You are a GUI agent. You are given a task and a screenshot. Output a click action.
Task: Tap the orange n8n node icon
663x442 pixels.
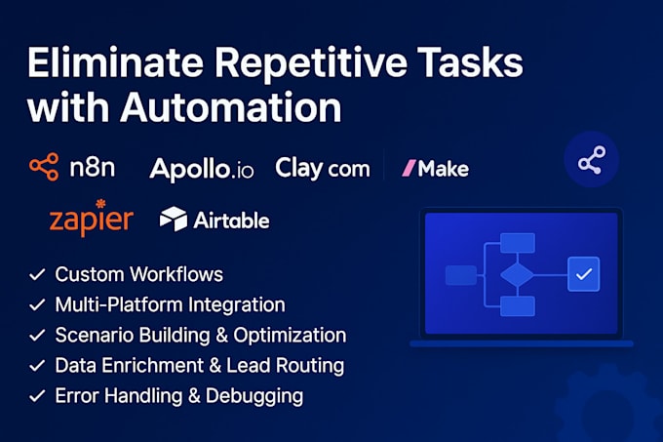pos(44,167)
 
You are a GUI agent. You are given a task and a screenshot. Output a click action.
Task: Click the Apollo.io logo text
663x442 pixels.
pos(202,169)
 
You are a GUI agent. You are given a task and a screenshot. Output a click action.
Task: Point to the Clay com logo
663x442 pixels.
pos(323,169)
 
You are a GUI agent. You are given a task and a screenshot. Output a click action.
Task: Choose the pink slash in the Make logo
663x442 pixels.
pos(409,168)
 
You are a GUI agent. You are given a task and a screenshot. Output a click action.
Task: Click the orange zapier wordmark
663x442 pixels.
pos(92,221)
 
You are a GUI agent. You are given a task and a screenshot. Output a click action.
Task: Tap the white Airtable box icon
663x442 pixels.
pos(174,219)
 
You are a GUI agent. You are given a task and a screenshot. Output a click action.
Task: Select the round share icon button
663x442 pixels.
pos(592,159)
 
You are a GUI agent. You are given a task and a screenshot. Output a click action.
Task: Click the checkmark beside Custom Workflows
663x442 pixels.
pos(37,274)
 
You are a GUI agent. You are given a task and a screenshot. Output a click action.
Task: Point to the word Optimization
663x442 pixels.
pos(290,335)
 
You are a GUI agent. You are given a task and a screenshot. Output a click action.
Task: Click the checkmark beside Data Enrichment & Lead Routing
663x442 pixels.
pos(37,366)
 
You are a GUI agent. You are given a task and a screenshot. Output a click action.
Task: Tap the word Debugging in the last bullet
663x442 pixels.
pos(254,396)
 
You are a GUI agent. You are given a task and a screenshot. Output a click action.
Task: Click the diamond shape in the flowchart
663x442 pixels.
pos(517,275)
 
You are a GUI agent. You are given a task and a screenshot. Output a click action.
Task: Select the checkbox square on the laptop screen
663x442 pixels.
pos(583,274)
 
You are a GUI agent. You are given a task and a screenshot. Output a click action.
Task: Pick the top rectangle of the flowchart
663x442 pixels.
pos(518,243)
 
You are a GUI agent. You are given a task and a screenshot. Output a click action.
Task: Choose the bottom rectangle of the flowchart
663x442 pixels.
pos(518,306)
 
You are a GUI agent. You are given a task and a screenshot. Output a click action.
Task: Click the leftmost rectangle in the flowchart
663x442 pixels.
pos(461,275)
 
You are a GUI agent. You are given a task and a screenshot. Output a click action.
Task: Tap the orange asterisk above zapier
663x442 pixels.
pos(100,204)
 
